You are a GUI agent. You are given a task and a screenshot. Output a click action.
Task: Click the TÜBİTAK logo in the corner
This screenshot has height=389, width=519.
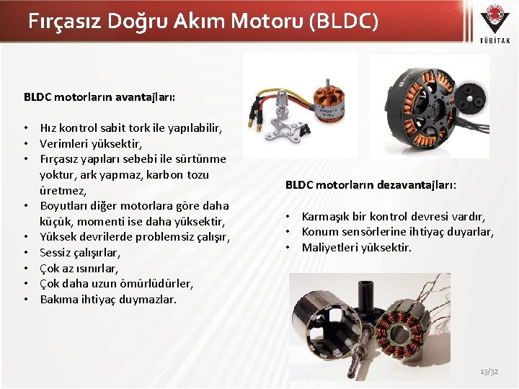click(494, 24)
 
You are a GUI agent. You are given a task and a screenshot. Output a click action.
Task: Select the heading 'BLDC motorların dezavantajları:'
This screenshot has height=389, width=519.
click(371, 184)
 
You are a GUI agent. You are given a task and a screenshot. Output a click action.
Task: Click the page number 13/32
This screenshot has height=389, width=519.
click(489, 371)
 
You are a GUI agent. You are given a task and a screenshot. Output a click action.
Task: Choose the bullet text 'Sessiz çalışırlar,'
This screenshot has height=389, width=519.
click(80, 253)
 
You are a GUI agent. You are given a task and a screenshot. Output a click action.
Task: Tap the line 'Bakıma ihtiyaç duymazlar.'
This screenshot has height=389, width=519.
click(108, 299)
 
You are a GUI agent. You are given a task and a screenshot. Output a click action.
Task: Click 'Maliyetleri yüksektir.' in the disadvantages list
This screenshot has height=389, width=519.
click(357, 247)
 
